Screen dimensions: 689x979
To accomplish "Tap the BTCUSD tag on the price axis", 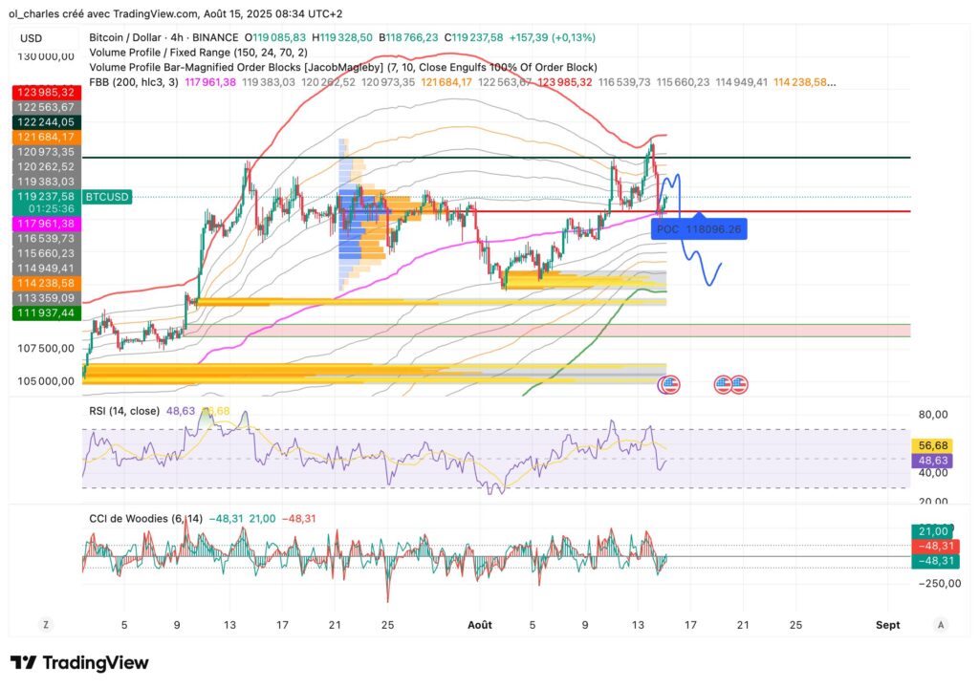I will [105, 197].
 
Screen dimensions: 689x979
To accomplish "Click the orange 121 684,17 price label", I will [45, 138].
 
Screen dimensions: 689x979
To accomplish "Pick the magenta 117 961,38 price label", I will [45, 223].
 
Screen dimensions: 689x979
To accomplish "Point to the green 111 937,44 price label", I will [45, 312].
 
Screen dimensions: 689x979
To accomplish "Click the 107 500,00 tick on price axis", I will [46, 348].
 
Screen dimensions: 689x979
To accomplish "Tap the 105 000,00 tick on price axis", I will [46, 380].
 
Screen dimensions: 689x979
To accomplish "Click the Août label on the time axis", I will [480, 624].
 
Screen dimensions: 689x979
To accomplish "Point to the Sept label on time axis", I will [887, 624].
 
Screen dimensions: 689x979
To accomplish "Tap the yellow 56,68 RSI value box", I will [932, 444].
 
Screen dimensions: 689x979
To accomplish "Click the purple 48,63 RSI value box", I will [932, 460].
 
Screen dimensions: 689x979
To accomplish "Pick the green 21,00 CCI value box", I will [932, 530].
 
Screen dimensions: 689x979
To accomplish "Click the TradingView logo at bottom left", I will [80, 663].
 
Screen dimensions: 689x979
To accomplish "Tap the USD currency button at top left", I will [32, 38].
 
